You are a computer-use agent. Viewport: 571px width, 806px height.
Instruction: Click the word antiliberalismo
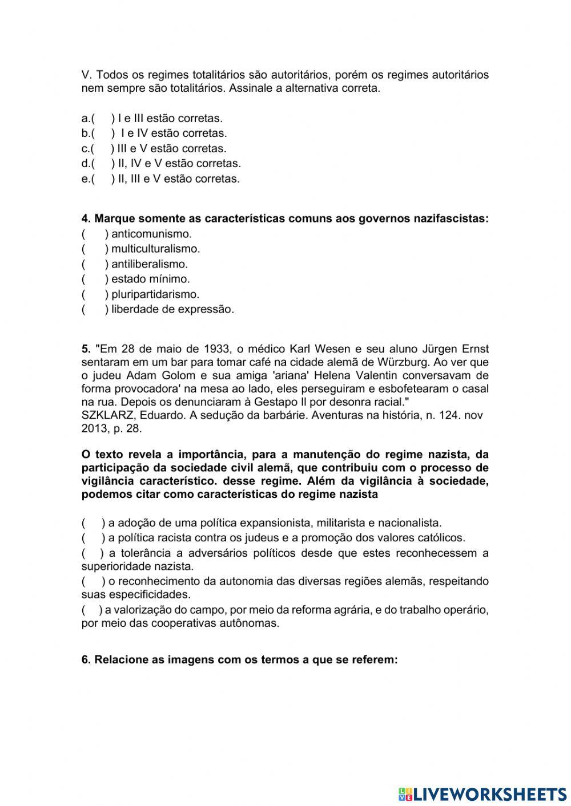[x=150, y=264]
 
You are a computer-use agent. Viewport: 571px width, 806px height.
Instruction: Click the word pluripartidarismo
[x=155, y=294]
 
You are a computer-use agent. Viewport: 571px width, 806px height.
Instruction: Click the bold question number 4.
[x=86, y=218]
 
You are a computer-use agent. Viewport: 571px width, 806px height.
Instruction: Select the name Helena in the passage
[x=332, y=375]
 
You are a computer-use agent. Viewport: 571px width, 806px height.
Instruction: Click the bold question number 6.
[x=86, y=660]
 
